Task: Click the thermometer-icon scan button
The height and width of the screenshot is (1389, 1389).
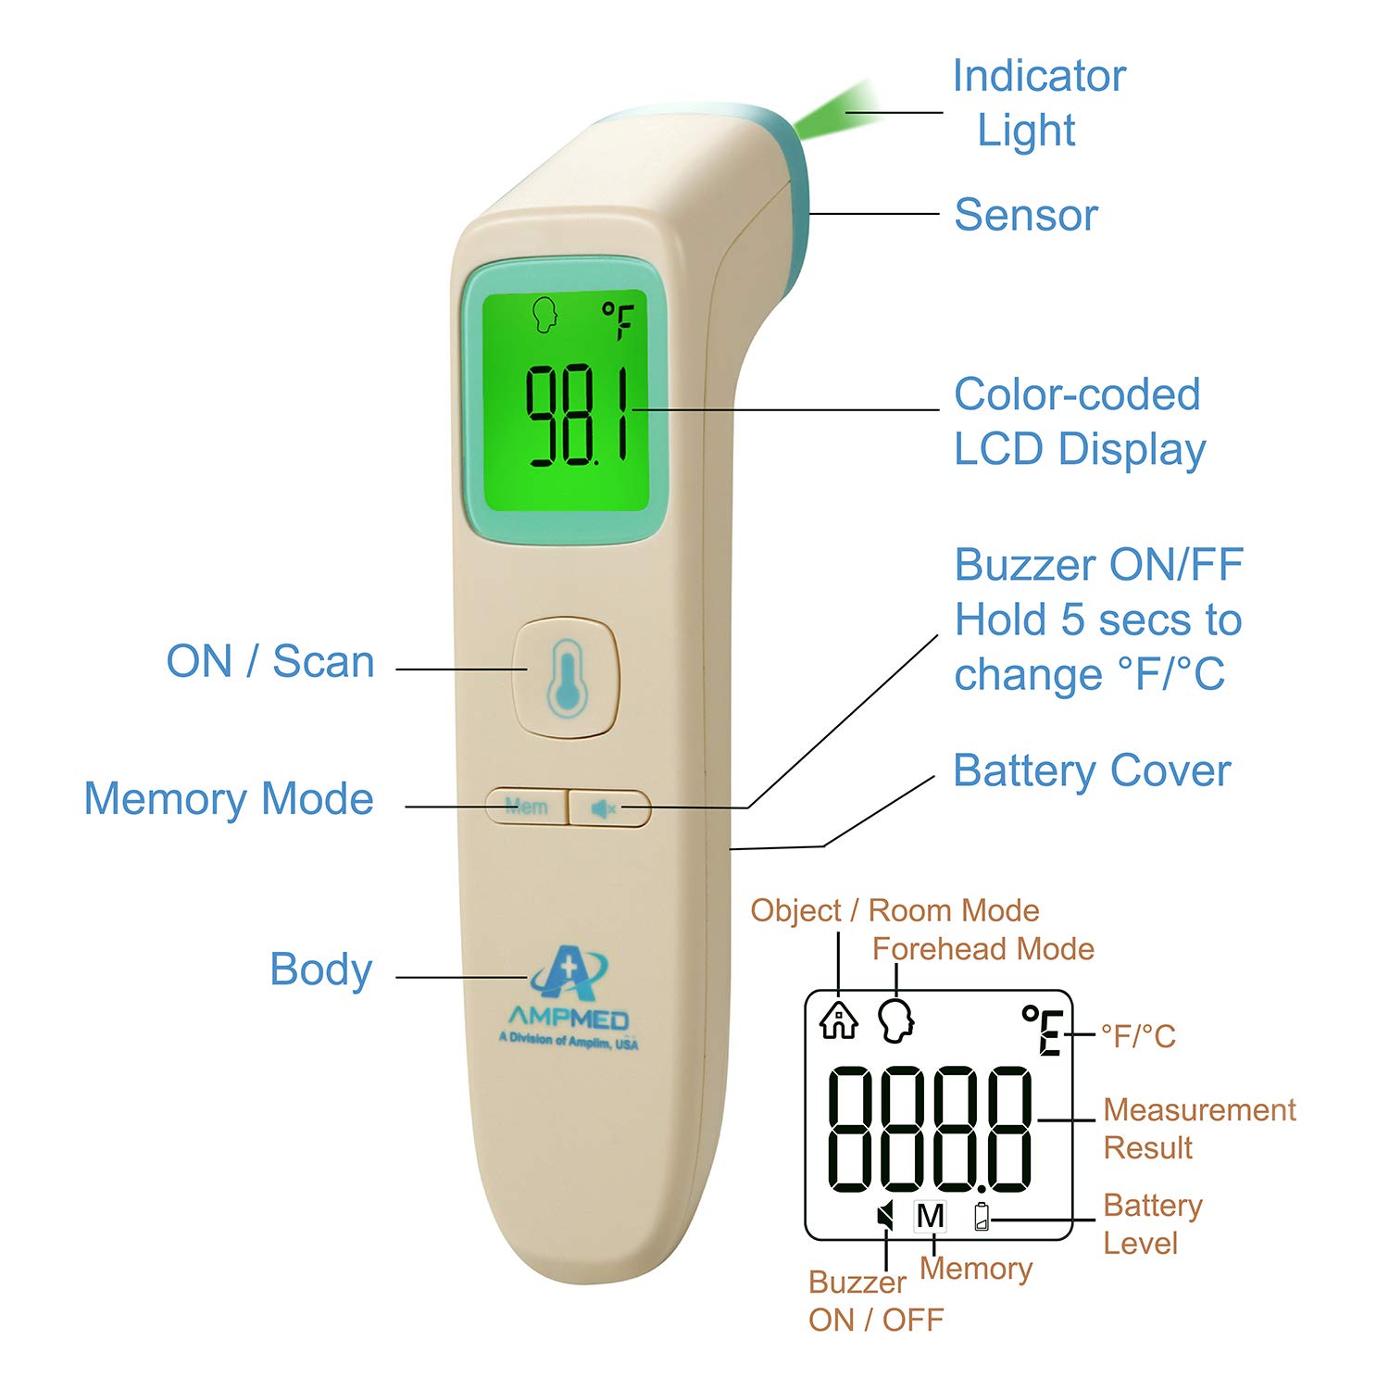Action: pos(565,678)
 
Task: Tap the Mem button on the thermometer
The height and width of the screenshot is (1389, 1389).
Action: pos(526,807)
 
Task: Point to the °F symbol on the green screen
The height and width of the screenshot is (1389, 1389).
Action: pos(618,319)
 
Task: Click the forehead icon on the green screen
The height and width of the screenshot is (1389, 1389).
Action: pos(546,315)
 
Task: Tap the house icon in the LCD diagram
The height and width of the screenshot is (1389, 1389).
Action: pos(838,1020)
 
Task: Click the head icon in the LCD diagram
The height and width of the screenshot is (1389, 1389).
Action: pos(896,1020)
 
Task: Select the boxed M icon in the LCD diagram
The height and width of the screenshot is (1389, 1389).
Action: pos(930,1216)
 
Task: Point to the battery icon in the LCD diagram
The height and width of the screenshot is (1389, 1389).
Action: pos(982,1216)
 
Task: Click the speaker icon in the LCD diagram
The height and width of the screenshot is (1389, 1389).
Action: pos(886,1216)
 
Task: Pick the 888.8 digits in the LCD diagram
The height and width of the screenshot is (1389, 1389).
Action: pos(929,1129)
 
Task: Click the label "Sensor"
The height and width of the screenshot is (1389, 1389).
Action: pos(1026,215)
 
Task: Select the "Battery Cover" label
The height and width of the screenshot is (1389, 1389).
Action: pos(1092,770)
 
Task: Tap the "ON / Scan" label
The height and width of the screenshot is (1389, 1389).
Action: pos(270,661)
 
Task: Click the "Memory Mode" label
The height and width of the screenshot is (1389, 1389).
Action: pos(229,798)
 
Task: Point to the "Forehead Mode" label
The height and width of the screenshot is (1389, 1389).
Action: pos(982,948)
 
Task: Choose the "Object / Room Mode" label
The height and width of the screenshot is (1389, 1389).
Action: pos(895,910)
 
